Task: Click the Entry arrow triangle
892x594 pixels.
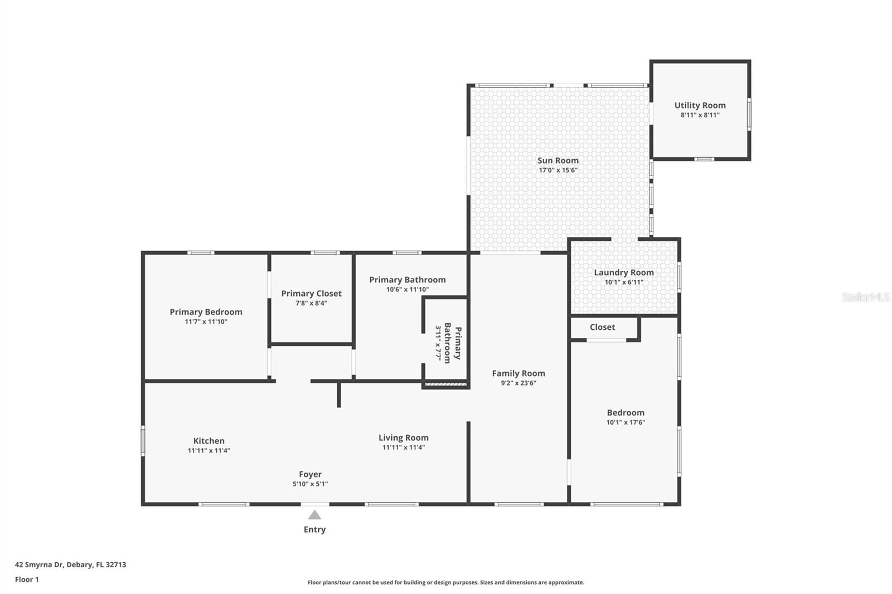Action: [314, 515]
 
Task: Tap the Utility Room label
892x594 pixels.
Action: [700, 105]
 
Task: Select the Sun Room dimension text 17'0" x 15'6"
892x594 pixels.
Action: [557, 171]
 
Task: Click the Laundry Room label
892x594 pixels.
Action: [623, 272]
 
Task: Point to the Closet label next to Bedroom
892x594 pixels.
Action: [602, 327]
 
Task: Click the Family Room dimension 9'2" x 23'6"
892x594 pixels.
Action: [518, 383]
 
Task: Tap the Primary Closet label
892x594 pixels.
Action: [311, 294]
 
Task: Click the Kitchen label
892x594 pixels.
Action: [209, 441]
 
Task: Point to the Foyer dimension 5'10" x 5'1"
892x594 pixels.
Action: [310, 484]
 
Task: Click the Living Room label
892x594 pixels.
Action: [403, 438]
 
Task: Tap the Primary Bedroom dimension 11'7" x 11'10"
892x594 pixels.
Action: [206, 322]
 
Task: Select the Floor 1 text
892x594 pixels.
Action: [27, 580]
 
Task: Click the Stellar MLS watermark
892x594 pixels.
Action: [865, 297]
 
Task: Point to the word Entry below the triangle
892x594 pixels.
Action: [314, 530]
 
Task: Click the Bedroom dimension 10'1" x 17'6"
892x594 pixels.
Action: [626, 423]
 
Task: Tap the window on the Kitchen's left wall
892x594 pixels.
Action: [143, 441]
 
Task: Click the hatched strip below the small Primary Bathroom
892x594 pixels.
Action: [445, 384]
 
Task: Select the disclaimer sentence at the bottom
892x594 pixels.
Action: [446, 583]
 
